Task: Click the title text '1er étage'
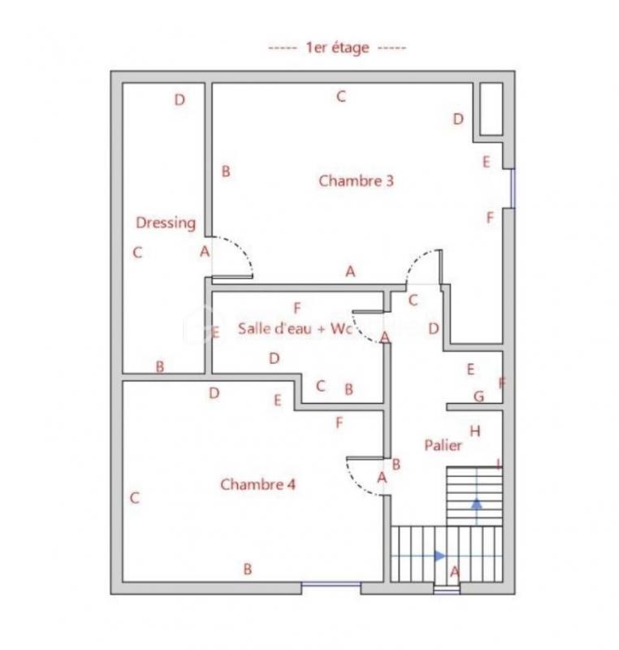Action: click(x=337, y=48)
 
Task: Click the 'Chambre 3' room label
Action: click(x=356, y=180)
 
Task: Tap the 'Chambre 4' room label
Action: click(x=258, y=484)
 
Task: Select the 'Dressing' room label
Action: click(x=166, y=223)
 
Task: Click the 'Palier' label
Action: click(x=444, y=445)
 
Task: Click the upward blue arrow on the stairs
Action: click(x=476, y=504)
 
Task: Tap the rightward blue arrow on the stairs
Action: click(x=439, y=556)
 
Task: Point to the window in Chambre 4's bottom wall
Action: click(x=331, y=583)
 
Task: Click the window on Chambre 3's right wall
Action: click(x=512, y=188)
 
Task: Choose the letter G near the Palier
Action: click(x=478, y=396)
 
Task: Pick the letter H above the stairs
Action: click(x=475, y=431)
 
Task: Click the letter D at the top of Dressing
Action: click(x=180, y=100)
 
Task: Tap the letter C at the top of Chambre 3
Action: click(x=341, y=97)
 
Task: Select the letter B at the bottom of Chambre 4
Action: click(x=248, y=570)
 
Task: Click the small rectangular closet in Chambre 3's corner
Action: click(x=491, y=109)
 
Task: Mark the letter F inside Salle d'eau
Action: click(x=297, y=308)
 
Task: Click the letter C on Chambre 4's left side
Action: click(x=135, y=498)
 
